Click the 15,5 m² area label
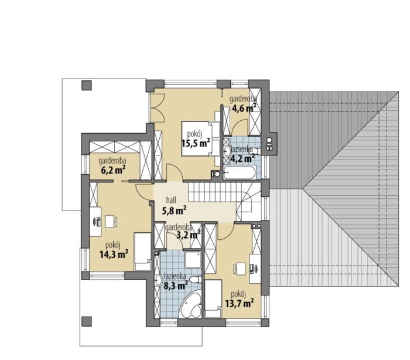point(196,143)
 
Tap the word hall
point(171,201)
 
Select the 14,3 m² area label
point(114,254)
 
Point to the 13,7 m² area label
point(239,303)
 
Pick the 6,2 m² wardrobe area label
point(112,170)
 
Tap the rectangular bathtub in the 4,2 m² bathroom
point(240,172)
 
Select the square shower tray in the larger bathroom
point(193,260)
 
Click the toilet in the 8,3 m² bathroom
point(195,280)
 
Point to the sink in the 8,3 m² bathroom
point(158,280)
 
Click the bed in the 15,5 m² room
point(200,139)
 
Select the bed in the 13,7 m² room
point(213,299)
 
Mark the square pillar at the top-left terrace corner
point(87,86)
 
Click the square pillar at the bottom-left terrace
point(87,321)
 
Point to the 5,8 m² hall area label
point(174,210)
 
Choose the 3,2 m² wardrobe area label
point(189,235)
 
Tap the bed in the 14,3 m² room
point(142,252)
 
